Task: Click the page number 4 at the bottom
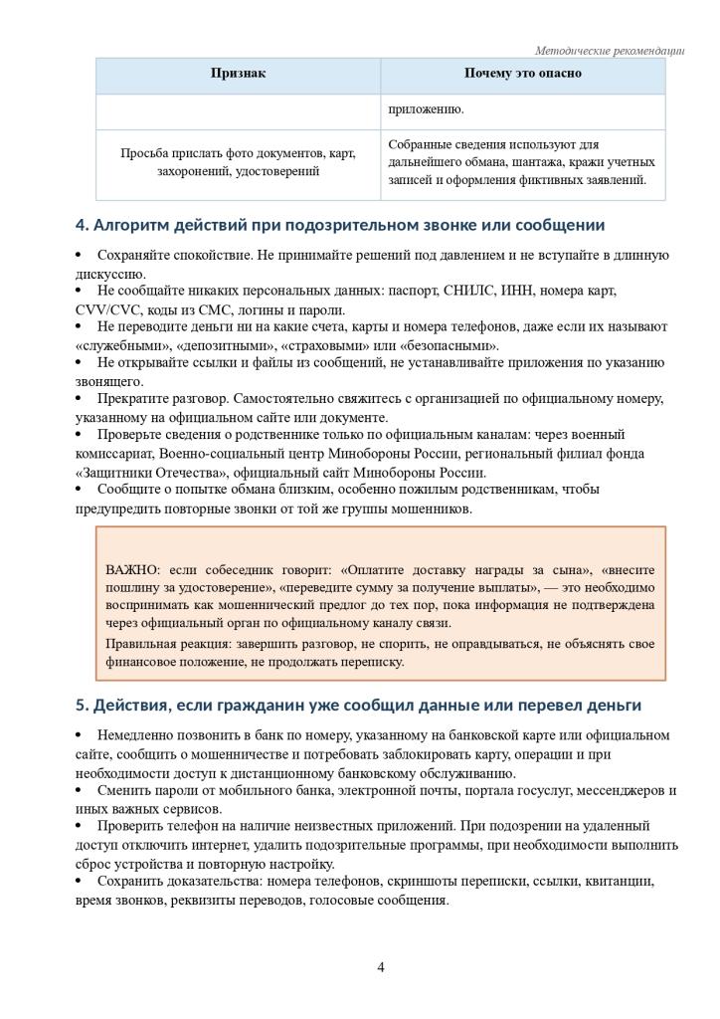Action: pos(381,967)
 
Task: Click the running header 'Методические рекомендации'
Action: pos(610,50)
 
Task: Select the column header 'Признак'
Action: pos(238,74)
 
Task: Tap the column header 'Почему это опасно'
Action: pos(522,74)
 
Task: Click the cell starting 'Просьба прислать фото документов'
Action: pos(238,162)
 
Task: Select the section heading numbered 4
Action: pos(340,226)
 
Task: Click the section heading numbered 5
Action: pos(358,706)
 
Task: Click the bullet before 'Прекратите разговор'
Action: pos(80,399)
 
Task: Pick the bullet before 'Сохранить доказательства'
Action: pos(80,882)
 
